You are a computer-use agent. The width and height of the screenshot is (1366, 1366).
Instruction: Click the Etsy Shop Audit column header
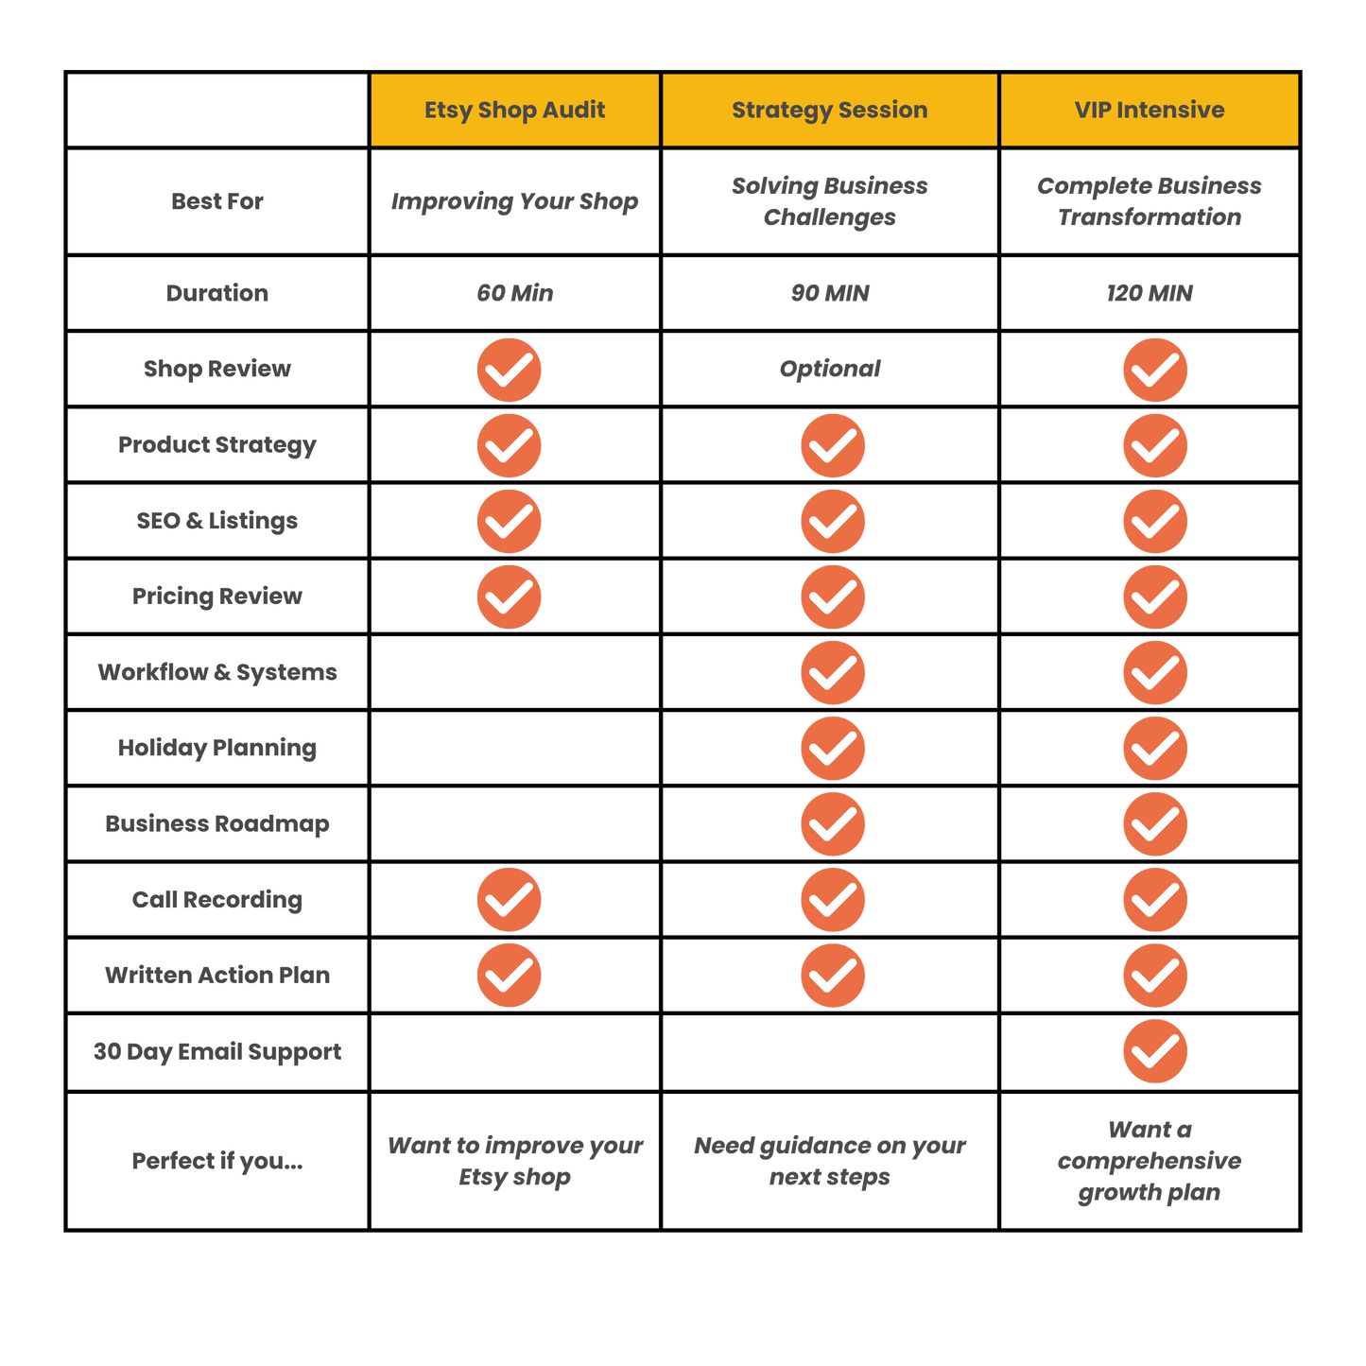pyautogui.click(x=514, y=110)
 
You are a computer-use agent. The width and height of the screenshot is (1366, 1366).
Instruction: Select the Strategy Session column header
pyautogui.click(x=829, y=110)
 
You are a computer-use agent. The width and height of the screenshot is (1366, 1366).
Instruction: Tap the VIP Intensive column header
pyautogui.click(x=1150, y=109)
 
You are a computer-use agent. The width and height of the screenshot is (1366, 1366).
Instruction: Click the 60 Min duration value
pyautogui.click(x=514, y=293)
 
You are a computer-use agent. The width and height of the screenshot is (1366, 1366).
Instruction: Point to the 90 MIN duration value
pyautogui.click(x=830, y=293)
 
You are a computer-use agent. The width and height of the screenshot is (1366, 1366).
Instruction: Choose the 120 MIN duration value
pyautogui.click(x=1150, y=293)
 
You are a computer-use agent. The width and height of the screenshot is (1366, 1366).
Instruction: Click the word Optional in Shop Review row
pyautogui.click(x=829, y=369)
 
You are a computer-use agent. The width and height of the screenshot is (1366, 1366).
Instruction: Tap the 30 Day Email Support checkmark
pyautogui.click(x=1155, y=1051)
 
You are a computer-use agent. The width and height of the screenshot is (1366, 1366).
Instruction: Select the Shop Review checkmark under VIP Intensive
pyautogui.click(x=1155, y=370)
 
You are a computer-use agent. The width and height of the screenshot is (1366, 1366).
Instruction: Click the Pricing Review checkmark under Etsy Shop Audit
pyautogui.click(x=509, y=597)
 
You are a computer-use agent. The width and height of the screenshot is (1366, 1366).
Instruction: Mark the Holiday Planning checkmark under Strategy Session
pyautogui.click(x=833, y=749)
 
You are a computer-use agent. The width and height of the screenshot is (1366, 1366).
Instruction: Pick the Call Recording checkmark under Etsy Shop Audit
pyautogui.click(x=509, y=900)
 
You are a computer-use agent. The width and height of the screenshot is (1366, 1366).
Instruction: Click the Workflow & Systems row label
pyautogui.click(x=217, y=672)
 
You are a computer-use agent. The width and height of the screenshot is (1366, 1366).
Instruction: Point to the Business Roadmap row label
pyautogui.click(x=217, y=823)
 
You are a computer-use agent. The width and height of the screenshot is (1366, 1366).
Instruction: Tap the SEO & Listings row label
pyautogui.click(x=216, y=521)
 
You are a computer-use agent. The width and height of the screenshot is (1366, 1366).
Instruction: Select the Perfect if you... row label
pyautogui.click(x=217, y=1161)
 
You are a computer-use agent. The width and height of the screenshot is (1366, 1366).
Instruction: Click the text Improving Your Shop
pyautogui.click(x=514, y=202)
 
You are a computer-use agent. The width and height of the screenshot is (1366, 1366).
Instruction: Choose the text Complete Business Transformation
pyautogui.click(x=1150, y=201)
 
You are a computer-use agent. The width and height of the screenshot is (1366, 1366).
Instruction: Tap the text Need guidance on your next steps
pyautogui.click(x=829, y=1161)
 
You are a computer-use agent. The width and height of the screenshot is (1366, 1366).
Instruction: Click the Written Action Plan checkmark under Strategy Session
pyautogui.click(x=833, y=976)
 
